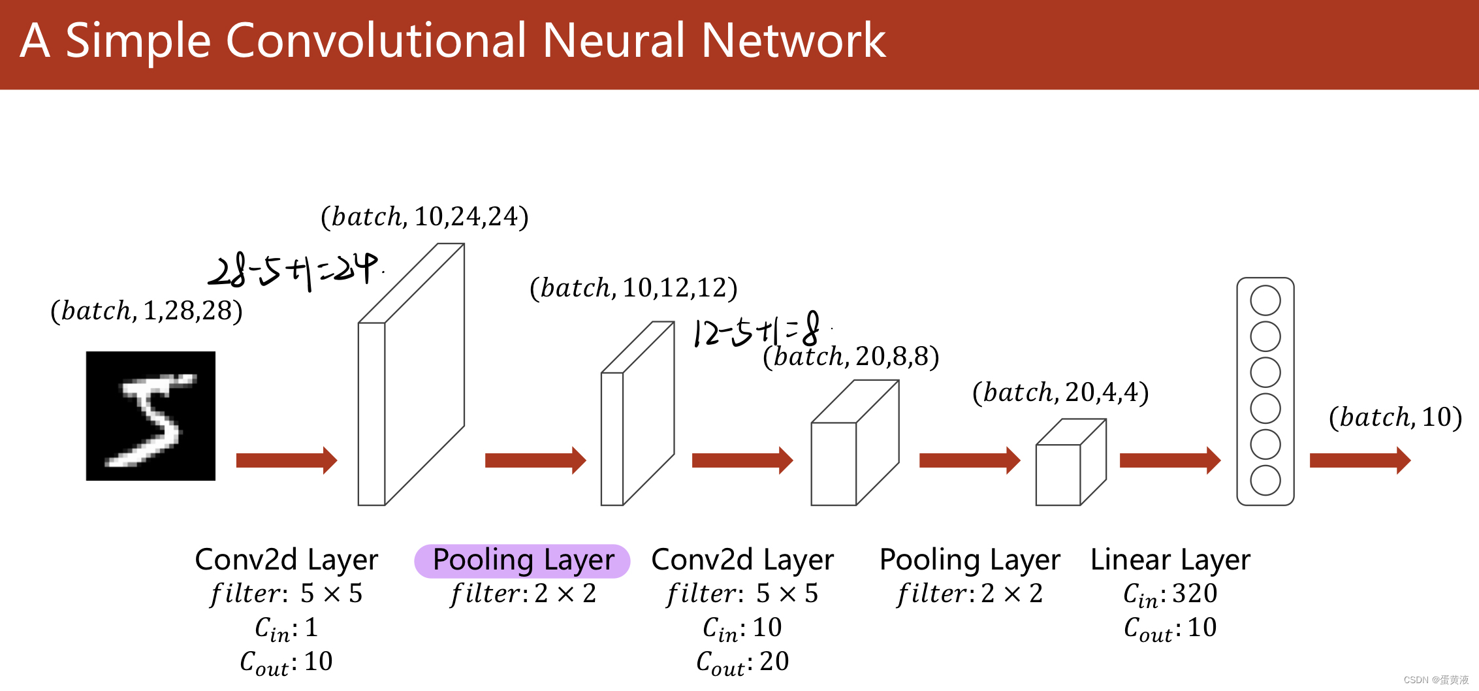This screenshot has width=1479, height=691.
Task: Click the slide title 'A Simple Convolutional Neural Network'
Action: (453, 40)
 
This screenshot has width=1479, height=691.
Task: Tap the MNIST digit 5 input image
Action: (151, 416)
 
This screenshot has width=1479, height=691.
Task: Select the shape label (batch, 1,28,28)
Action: (146, 311)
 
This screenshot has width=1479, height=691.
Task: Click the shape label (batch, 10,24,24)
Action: (424, 217)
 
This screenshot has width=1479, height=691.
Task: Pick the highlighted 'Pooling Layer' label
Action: (522, 560)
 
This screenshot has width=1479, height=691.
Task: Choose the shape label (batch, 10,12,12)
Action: (633, 288)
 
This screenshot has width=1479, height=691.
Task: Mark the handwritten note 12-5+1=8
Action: (757, 330)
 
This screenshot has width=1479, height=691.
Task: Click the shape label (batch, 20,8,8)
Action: (851, 357)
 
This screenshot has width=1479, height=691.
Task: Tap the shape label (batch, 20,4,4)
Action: (1060, 393)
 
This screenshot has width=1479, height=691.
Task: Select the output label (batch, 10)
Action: (1395, 417)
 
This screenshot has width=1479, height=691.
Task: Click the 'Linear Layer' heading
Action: (1170, 560)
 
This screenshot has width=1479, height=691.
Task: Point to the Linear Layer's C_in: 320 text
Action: (1170, 594)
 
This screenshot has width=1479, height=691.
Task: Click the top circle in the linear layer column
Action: (1265, 301)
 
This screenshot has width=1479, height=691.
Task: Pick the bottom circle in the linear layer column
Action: (1265, 481)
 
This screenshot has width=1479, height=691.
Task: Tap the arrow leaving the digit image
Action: (286, 460)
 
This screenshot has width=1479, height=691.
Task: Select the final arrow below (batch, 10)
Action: (1360, 460)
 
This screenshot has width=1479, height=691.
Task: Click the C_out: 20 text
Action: (742, 662)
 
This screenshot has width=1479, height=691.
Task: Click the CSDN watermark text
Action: (1436, 680)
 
